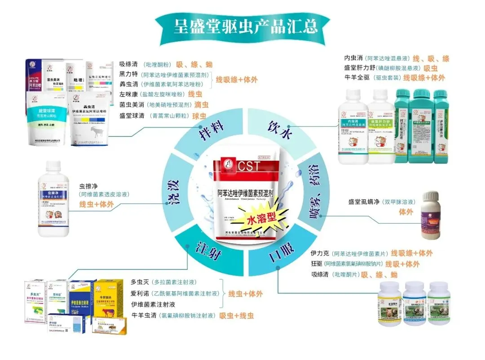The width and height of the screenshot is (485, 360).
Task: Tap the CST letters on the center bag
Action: (245, 166)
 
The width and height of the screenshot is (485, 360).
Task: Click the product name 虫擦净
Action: (88, 185)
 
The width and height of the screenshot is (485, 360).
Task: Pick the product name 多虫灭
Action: (140, 282)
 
